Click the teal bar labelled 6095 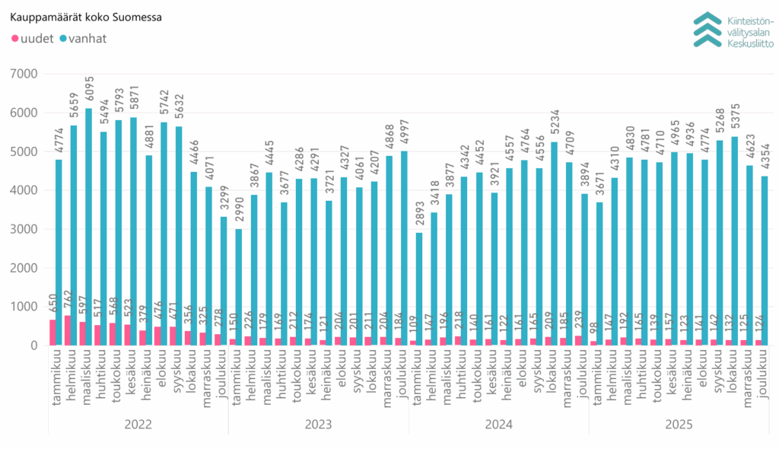[88, 228]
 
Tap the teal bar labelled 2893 [418, 289]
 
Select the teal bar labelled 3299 [224, 281]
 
